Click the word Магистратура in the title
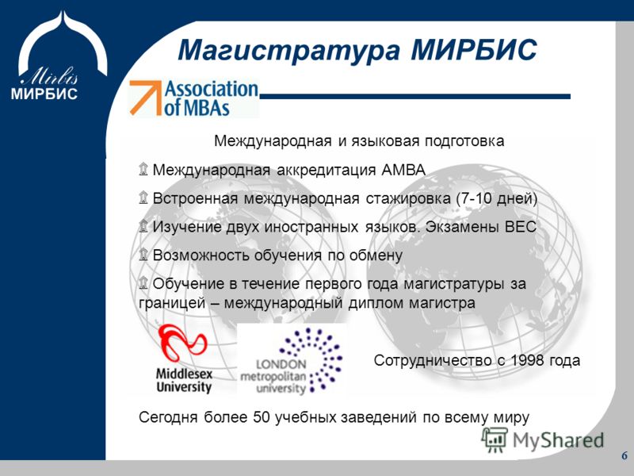[289, 50]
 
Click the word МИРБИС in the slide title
[474, 49]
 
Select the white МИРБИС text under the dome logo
[44, 94]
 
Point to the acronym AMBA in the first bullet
[403, 170]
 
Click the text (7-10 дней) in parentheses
[497, 198]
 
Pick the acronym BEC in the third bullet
[521, 226]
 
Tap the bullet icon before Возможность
[143, 255]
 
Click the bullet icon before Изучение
[143, 226]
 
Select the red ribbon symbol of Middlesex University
[182, 344]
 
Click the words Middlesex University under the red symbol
[184, 380]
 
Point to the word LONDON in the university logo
[281, 364]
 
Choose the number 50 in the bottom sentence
[262, 417]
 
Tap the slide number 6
[624, 455]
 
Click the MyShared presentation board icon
[495, 440]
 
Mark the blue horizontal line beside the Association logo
[414, 96]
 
